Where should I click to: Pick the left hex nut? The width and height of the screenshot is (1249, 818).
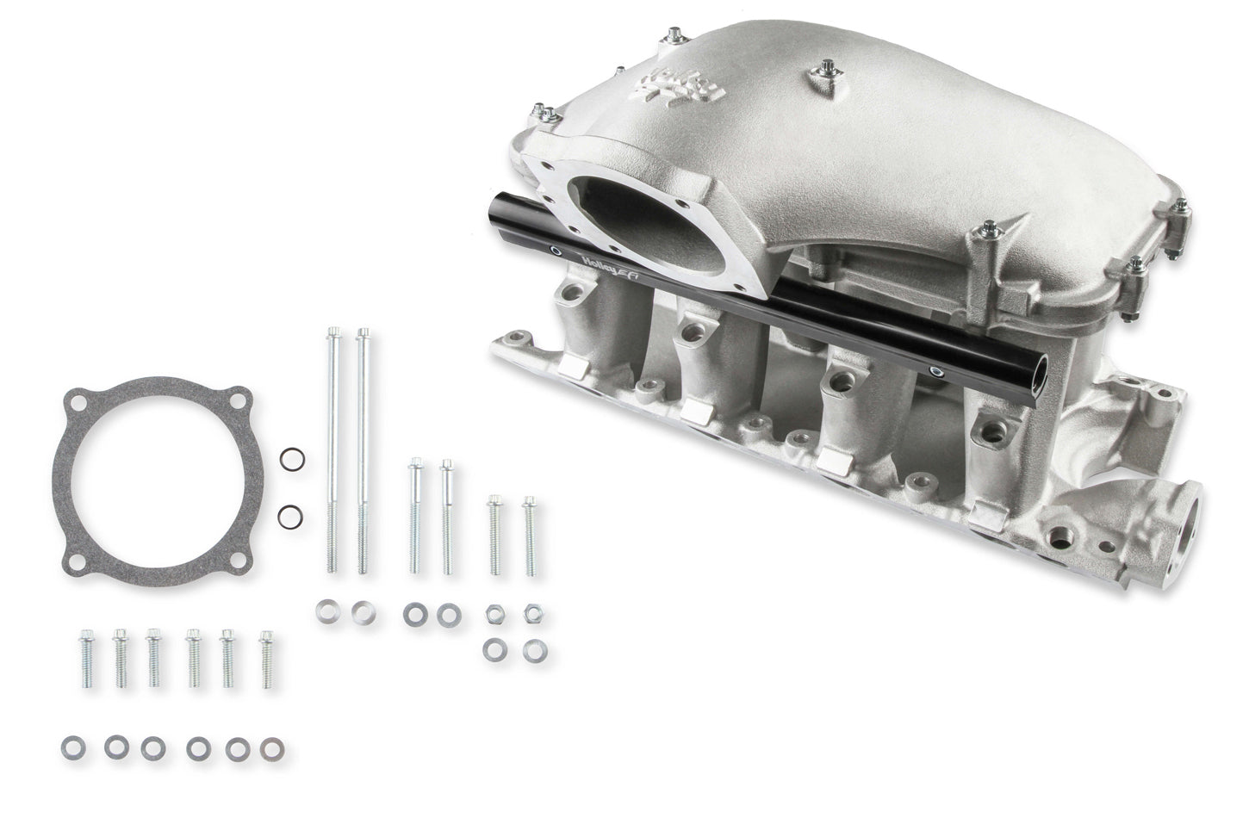495,613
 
